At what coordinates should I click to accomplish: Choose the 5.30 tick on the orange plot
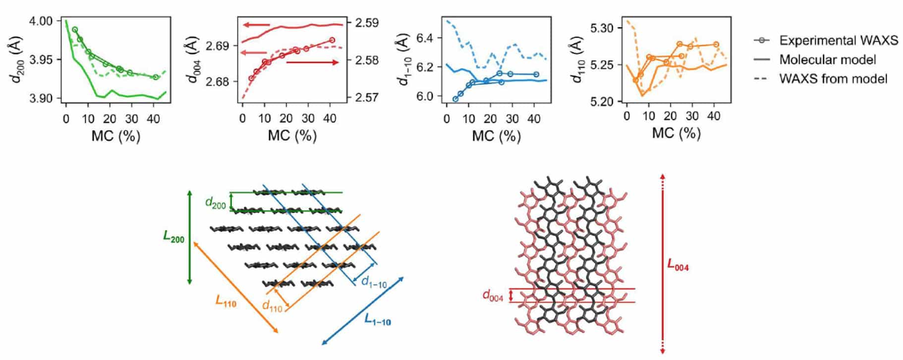click(603, 28)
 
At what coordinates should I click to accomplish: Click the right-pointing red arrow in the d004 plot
click(313, 62)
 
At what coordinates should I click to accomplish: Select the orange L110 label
click(226, 301)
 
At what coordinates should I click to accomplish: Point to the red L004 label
click(677, 266)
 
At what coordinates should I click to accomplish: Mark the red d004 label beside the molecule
click(493, 296)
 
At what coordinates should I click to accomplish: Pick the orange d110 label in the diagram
click(272, 308)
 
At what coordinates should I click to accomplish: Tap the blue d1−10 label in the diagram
click(374, 283)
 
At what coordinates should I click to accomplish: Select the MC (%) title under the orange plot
click(676, 133)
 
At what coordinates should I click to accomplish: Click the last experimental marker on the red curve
click(332, 40)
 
